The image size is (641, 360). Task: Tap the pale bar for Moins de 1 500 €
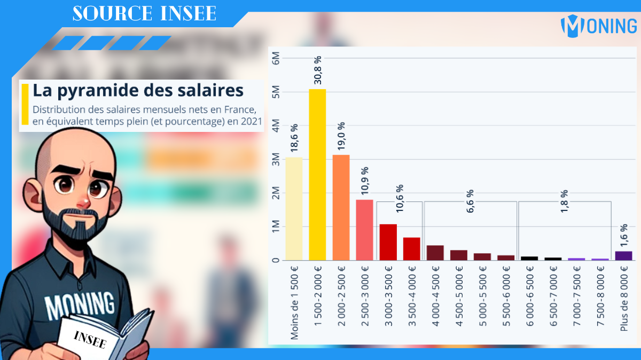point(294,208)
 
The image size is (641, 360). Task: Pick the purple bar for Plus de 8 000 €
point(623,255)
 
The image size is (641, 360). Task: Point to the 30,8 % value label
point(317,70)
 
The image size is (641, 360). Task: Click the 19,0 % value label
point(341,136)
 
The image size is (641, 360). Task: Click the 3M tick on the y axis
point(276,159)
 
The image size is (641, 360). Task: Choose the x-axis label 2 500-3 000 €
point(365,299)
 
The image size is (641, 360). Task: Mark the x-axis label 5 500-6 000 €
point(506,299)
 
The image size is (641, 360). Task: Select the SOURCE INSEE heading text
point(144,14)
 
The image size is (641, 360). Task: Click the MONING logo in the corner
point(598,25)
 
